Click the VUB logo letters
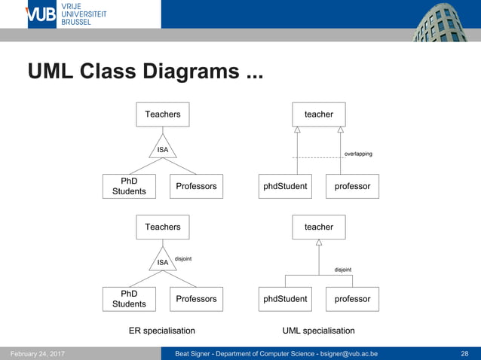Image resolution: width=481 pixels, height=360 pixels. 41,14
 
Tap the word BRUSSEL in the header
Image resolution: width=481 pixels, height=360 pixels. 76,23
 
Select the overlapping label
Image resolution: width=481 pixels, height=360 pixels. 358,154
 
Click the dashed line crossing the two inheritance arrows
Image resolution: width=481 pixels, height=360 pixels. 317,157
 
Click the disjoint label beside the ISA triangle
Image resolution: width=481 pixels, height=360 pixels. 183,258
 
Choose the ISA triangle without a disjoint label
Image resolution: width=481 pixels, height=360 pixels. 162,148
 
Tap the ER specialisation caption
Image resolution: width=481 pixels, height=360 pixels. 162,331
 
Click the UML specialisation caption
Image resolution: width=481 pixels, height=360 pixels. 318,331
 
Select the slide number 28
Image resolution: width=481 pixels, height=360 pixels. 464,353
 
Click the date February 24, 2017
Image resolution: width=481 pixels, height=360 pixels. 37,353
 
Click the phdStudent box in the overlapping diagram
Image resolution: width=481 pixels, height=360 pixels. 285,186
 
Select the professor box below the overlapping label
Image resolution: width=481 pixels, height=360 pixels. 352,186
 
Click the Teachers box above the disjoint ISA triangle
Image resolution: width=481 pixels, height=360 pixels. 163,227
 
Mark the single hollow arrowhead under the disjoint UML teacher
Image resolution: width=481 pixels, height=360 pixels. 319,243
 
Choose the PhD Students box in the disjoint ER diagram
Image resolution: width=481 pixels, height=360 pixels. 129,299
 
